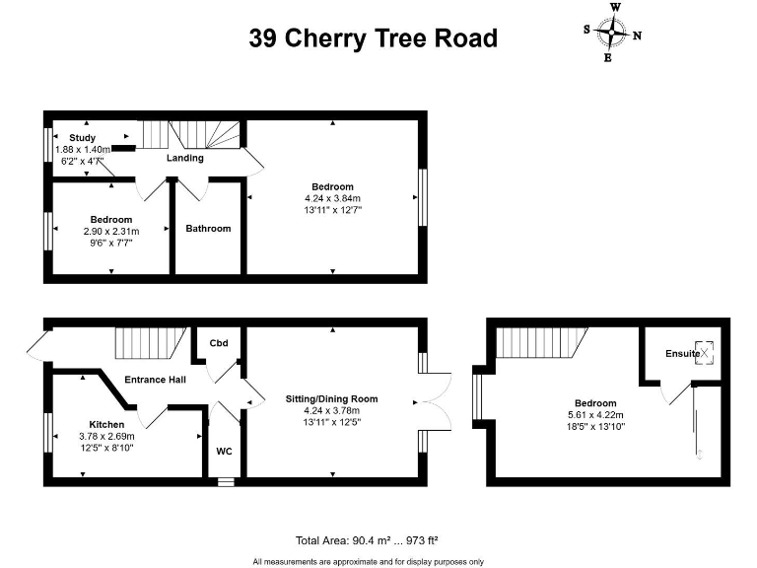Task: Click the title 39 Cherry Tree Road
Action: tap(373, 38)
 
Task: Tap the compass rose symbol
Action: tap(613, 33)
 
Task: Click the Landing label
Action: tap(184, 158)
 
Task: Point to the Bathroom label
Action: tap(208, 229)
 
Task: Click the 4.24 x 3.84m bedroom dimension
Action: tap(333, 197)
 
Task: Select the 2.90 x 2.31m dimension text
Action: tap(111, 231)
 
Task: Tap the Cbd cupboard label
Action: tap(219, 343)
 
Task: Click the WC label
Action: tap(224, 452)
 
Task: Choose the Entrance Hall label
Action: tap(156, 379)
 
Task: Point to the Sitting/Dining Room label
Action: tap(332, 399)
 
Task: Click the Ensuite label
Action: tap(682, 353)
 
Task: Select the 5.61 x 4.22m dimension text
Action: tap(595, 415)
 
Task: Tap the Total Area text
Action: tap(367, 540)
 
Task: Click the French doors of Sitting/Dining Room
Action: tap(435, 399)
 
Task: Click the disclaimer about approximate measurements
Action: tap(368, 561)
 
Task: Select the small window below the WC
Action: tap(226, 482)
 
